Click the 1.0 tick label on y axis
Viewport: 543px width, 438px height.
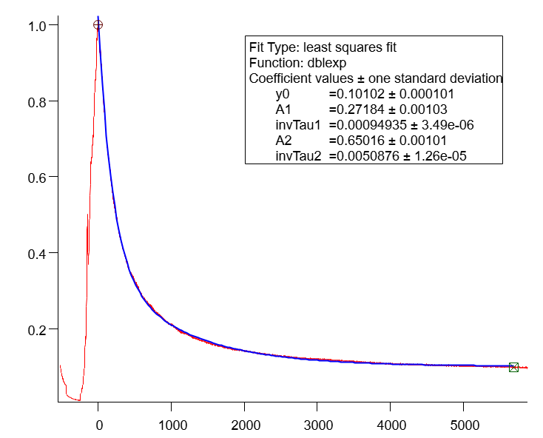tap(38, 26)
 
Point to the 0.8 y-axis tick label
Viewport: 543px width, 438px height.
tap(38, 101)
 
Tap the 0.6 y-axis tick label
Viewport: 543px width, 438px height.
tap(38, 178)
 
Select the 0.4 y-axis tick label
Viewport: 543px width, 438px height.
tap(38, 254)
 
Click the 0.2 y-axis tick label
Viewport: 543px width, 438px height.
tap(38, 329)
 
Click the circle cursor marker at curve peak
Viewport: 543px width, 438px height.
tap(98, 24)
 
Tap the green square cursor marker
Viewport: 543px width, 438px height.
tap(513, 367)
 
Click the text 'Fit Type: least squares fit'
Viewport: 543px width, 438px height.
tap(323, 47)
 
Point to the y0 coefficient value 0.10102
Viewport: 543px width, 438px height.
tap(358, 94)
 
